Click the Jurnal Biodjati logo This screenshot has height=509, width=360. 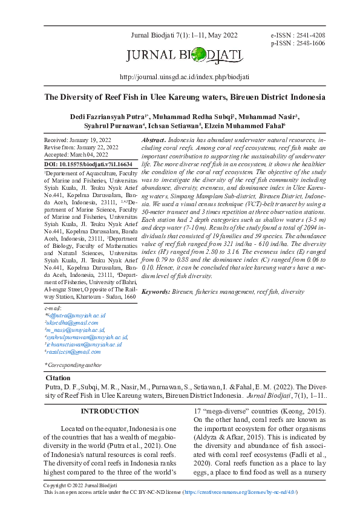(x=185, y=57)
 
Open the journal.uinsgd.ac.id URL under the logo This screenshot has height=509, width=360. (x=185, y=77)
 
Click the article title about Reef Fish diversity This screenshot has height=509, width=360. (x=185, y=97)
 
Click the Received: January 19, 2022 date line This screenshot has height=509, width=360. (x=77, y=140)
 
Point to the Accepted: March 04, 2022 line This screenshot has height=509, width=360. (x=76, y=155)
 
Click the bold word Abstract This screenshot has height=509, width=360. (x=153, y=140)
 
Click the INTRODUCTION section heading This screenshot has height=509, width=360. (x=110, y=412)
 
